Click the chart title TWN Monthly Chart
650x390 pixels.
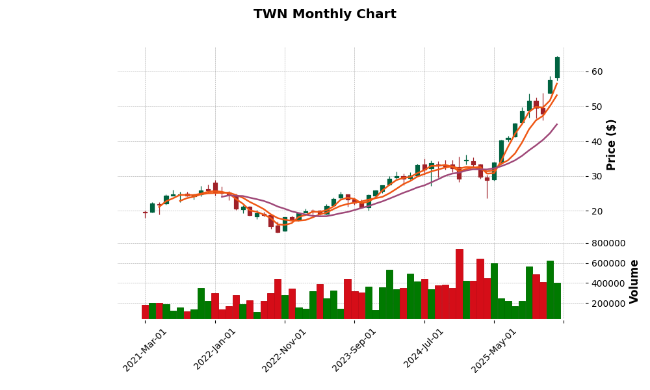[324, 14]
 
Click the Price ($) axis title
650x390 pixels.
[612, 144]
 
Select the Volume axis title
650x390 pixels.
[634, 281]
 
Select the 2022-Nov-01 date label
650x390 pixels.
[285, 350]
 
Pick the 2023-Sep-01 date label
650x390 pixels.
[355, 350]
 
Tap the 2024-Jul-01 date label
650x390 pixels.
[424, 350]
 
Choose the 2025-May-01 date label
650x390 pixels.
[495, 350]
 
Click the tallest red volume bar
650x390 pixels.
[460, 284]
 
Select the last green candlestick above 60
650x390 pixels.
[557, 68]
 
